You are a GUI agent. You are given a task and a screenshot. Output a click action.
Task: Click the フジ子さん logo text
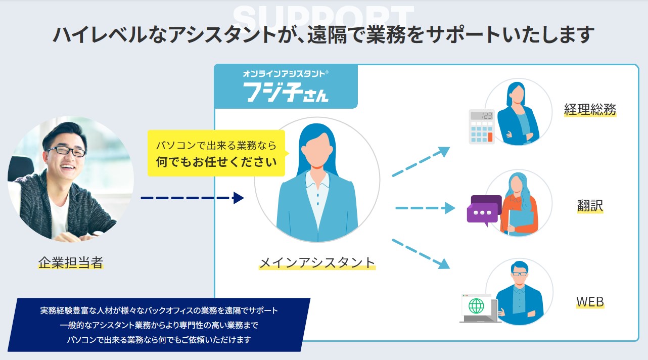click(x=286, y=92)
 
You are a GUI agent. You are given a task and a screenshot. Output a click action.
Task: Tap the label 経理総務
click(x=590, y=109)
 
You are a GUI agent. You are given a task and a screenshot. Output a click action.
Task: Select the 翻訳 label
click(x=590, y=206)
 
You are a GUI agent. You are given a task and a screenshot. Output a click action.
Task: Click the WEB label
click(x=590, y=302)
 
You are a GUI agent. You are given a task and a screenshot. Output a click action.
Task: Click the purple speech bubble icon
click(x=483, y=210)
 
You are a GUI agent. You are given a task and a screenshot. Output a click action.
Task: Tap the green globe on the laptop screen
click(x=476, y=306)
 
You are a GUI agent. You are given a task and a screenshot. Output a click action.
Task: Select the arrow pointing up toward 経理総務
click(x=421, y=162)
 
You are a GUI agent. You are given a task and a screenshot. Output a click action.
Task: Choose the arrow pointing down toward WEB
click(x=421, y=253)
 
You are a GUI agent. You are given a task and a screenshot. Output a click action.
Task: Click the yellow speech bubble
click(x=216, y=153)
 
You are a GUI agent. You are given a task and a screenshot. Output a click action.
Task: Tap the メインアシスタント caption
click(x=317, y=262)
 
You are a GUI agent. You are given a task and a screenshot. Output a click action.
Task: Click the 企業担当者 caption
click(x=71, y=262)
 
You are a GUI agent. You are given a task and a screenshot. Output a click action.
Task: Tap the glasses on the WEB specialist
click(x=519, y=274)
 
